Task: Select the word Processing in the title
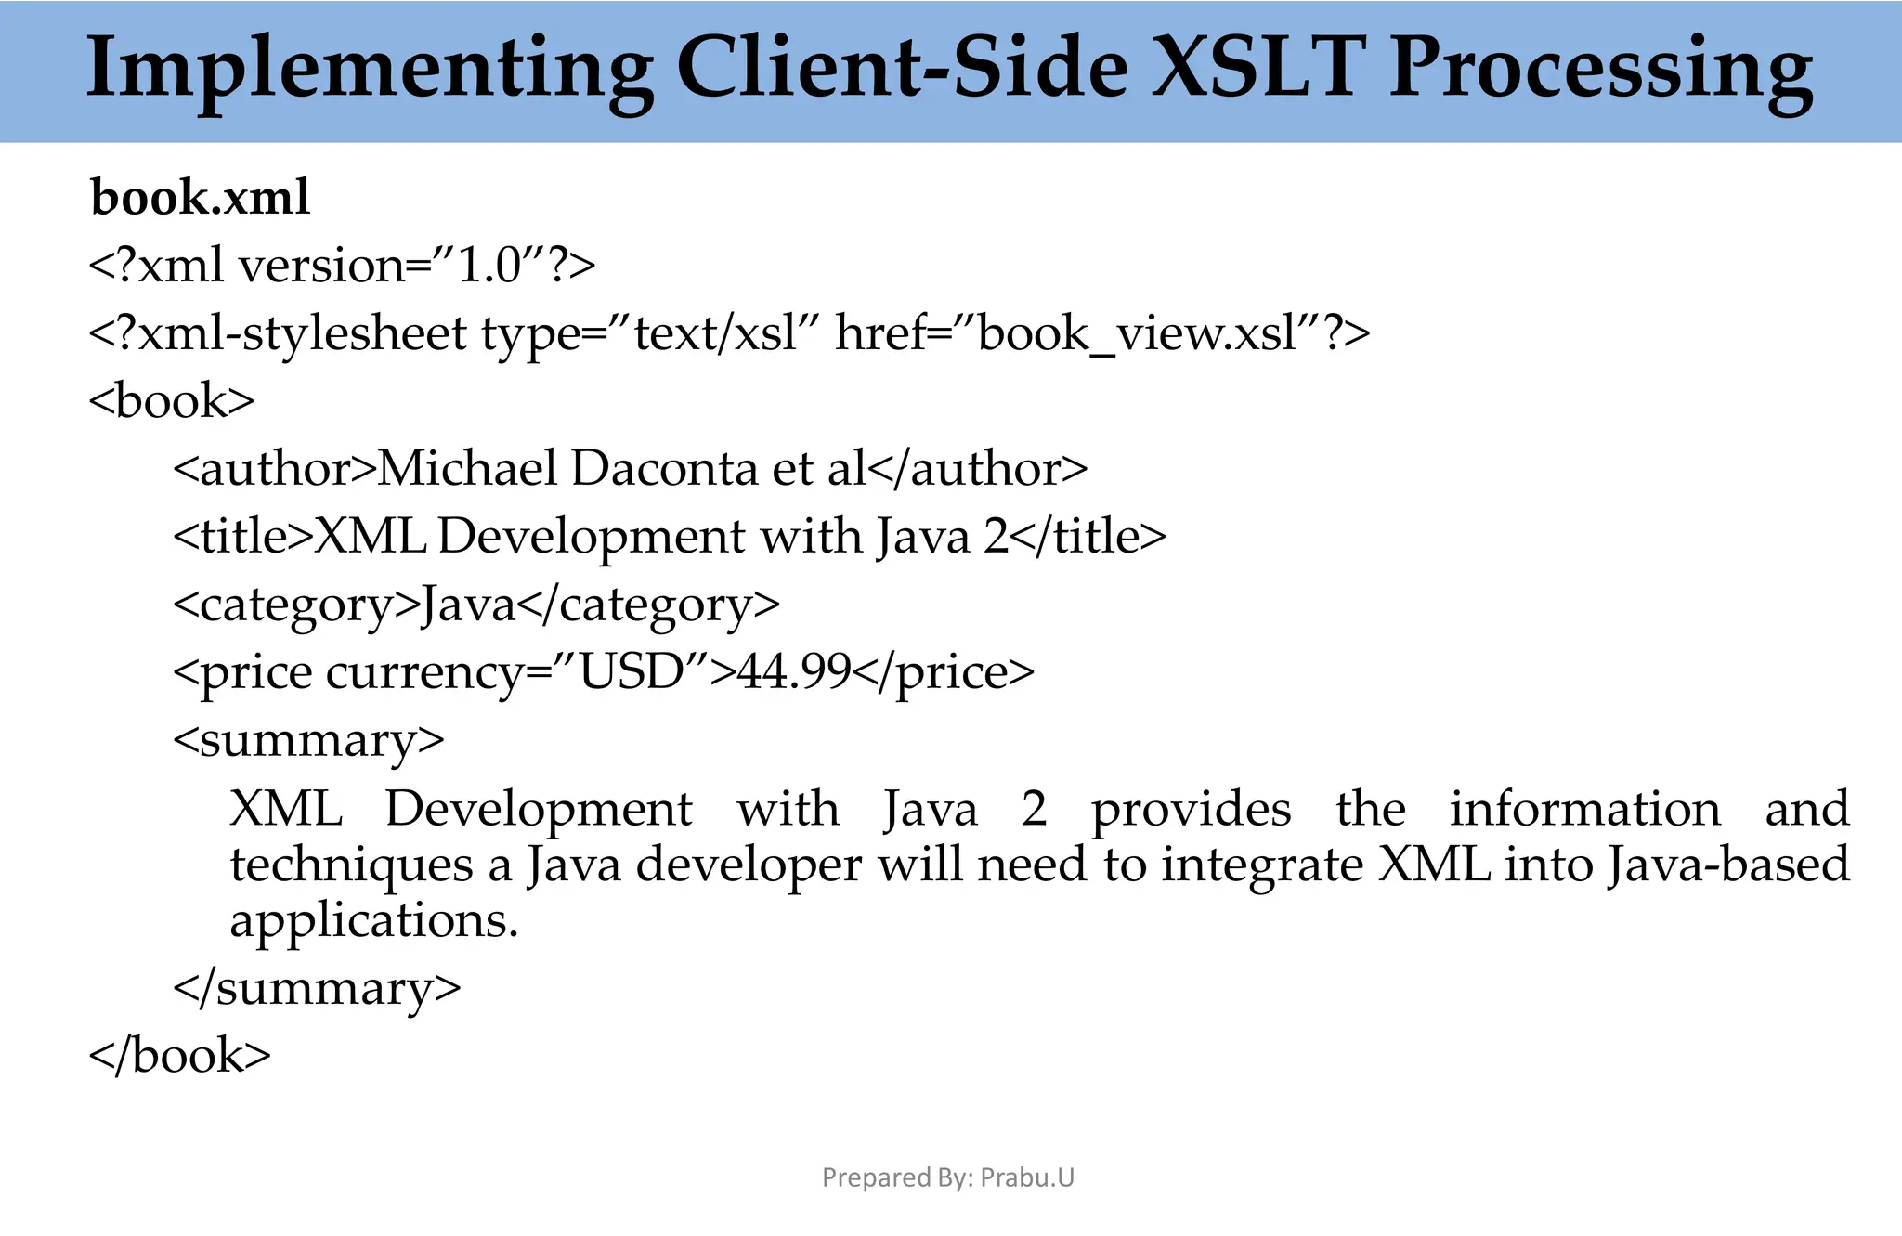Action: tap(1599, 71)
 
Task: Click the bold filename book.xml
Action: tap(200, 197)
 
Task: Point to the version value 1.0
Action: tap(489, 266)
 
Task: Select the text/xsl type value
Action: tap(715, 333)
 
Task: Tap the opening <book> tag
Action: tap(171, 401)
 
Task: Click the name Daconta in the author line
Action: tap(665, 468)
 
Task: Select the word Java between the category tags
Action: tap(467, 605)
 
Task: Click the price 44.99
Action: tap(794, 671)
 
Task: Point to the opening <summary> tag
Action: tap(308, 740)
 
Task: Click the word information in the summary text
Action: tap(1584, 809)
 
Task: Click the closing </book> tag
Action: tap(179, 1056)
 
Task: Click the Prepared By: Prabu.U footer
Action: tap(948, 1177)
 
